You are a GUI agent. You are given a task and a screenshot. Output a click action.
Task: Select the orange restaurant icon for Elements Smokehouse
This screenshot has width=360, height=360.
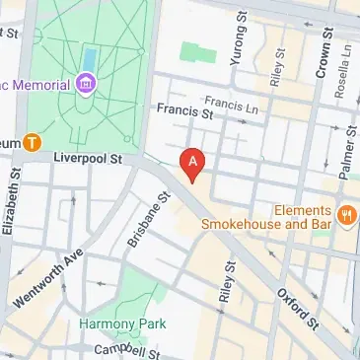coord(345,213)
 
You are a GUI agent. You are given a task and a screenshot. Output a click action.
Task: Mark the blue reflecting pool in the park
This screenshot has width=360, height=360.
coord(91,58)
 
